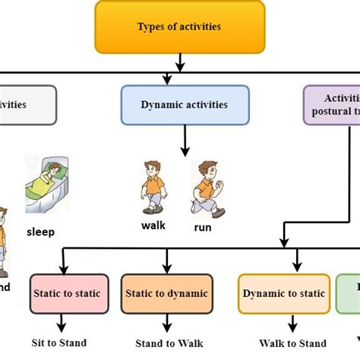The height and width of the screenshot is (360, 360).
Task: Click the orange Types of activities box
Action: pyautogui.click(x=179, y=27)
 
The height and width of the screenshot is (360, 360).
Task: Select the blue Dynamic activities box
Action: pyautogui.click(x=185, y=105)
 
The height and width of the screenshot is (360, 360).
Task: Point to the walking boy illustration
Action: pyautogui.click(x=153, y=187)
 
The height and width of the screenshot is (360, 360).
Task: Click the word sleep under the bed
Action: pyautogui.click(x=40, y=232)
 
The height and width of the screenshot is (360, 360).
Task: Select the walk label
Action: pyautogui.click(x=153, y=225)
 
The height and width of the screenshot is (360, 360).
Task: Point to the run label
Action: pyautogui.click(x=203, y=227)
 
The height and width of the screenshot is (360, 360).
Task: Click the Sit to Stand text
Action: pyautogui.click(x=59, y=343)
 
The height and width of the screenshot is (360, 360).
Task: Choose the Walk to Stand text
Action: pyautogui.click(x=292, y=343)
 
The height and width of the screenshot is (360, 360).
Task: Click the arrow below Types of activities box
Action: pyautogui.click(x=179, y=61)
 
